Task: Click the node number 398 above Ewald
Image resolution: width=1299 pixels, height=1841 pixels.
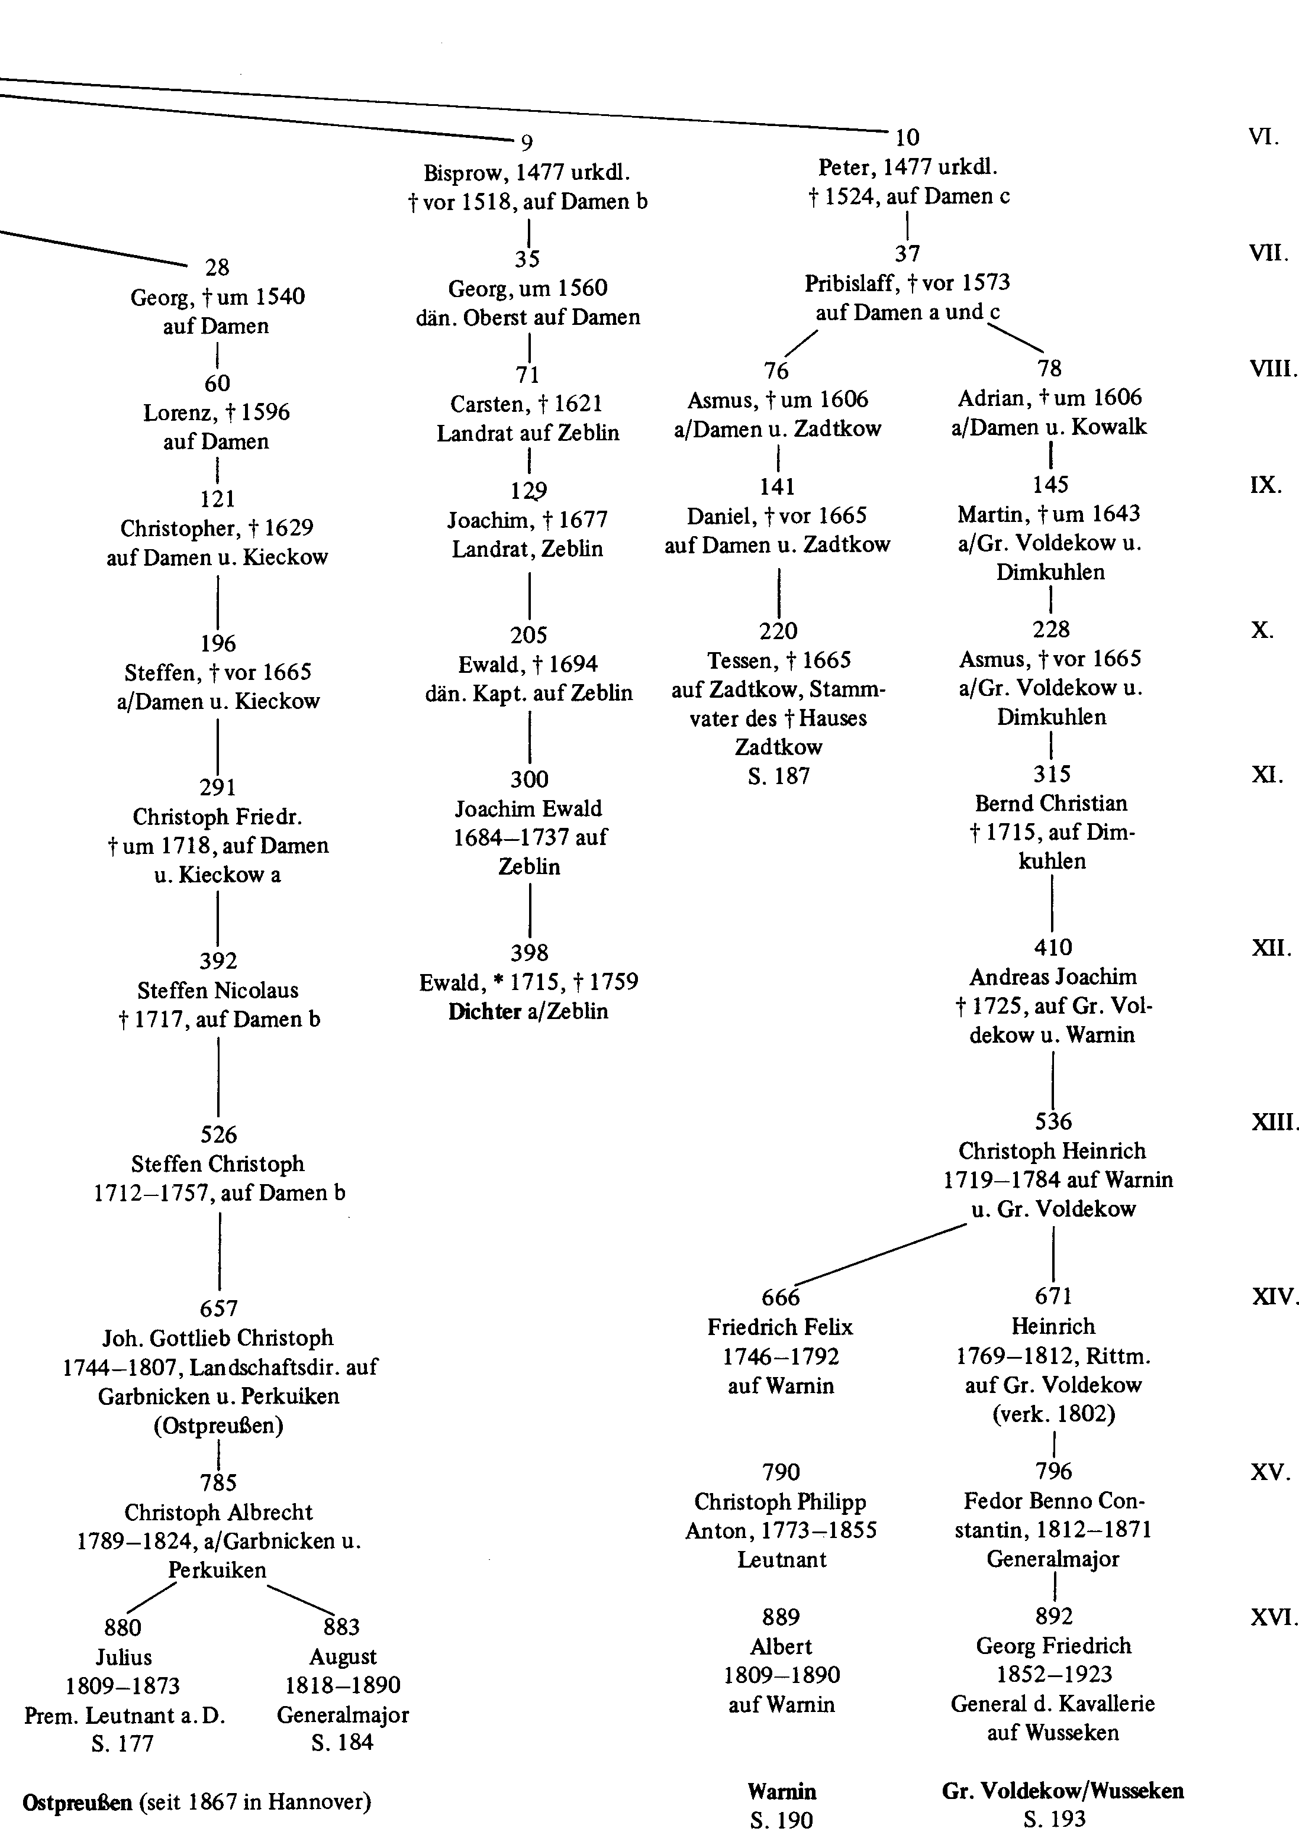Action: (x=529, y=953)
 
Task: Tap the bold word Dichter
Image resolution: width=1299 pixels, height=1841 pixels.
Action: (x=484, y=1011)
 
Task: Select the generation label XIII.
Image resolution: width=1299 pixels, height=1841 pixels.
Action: (x=1274, y=1122)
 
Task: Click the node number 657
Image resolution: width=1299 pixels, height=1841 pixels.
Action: (x=219, y=1308)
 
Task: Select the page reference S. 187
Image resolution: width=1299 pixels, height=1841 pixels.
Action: (x=779, y=776)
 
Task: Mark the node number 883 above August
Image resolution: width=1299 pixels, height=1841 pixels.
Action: (x=341, y=1627)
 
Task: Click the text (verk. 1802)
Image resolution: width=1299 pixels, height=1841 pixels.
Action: (x=1053, y=1414)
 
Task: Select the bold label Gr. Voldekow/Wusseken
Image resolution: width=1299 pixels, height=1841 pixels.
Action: (x=1063, y=1791)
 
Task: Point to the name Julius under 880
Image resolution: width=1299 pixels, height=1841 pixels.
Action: (x=124, y=1656)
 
